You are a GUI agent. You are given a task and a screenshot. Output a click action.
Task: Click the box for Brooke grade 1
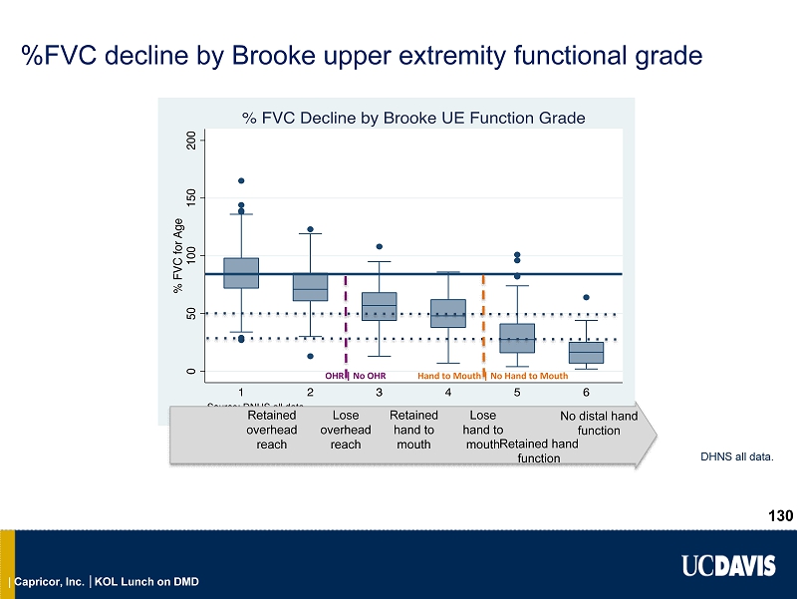tap(241, 273)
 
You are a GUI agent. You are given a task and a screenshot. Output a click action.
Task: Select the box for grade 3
tap(380, 306)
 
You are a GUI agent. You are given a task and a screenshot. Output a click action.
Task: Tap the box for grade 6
tap(586, 352)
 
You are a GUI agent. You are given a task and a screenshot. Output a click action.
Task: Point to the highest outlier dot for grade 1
tap(241, 181)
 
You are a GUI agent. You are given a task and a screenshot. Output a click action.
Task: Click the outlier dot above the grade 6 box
tap(586, 297)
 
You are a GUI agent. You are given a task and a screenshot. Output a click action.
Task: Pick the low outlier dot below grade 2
tap(311, 356)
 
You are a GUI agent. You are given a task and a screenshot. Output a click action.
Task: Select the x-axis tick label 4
tap(448, 393)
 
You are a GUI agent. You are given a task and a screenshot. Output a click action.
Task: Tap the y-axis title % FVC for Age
tap(178, 257)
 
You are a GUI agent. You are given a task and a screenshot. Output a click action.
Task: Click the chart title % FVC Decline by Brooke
tap(413, 118)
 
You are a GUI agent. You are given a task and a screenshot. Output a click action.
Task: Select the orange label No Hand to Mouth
tap(529, 376)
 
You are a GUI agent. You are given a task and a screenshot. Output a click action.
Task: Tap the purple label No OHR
tap(369, 376)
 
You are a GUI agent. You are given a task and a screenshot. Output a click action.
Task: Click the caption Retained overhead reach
tap(271, 430)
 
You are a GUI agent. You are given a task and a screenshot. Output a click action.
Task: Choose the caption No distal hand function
tap(599, 423)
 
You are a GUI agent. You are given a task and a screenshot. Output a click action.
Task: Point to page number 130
tap(780, 515)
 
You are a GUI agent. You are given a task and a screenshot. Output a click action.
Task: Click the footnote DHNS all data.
tap(739, 458)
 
